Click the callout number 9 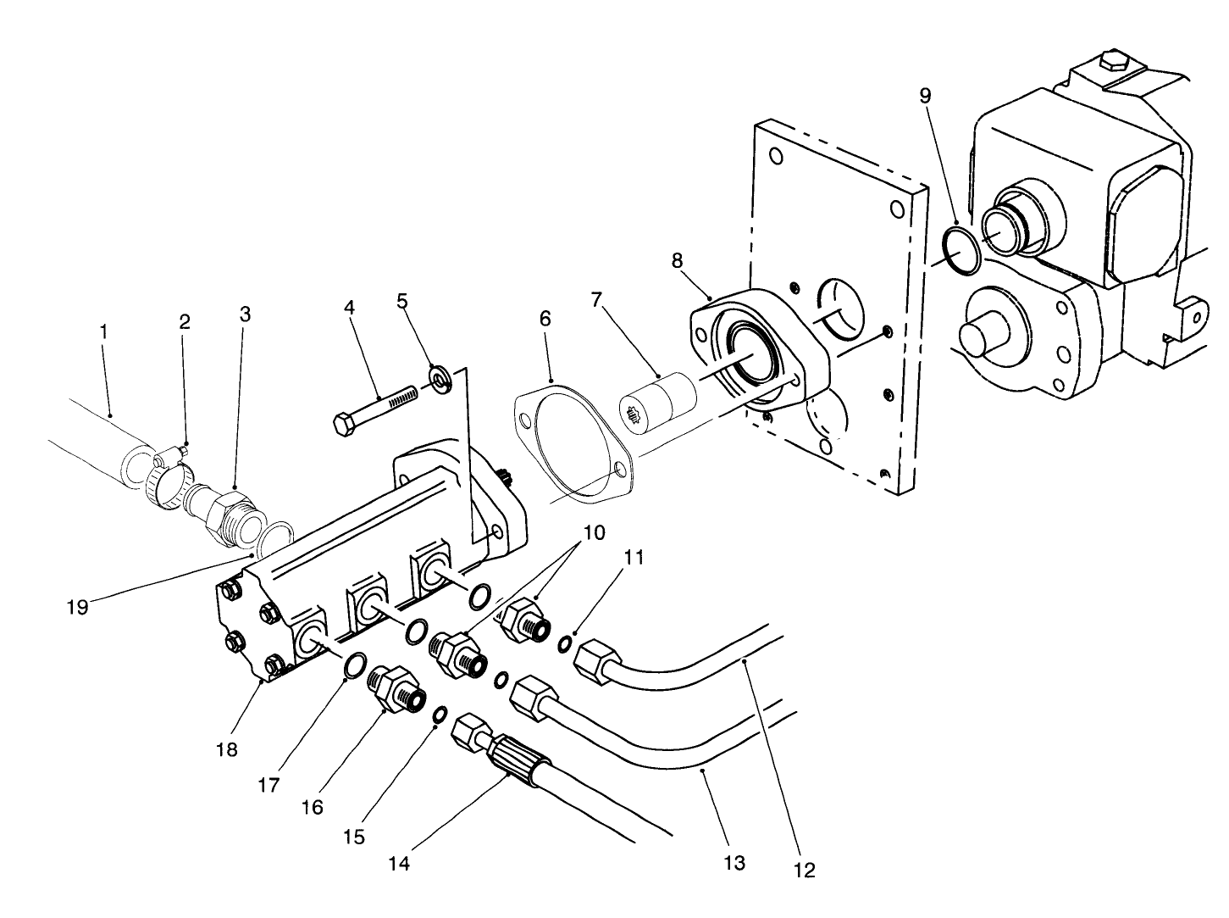coord(925,95)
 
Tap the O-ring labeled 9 coord(961,251)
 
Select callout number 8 coord(677,260)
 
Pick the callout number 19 coord(77,607)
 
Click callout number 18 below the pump coord(227,749)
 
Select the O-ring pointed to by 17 coord(356,666)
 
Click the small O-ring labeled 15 coord(440,716)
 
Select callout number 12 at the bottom coord(804,870)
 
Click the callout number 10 coord(594,533)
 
